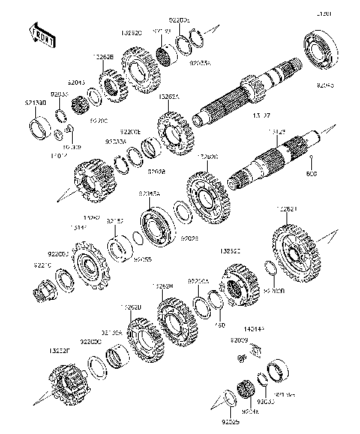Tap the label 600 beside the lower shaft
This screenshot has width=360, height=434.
click(x=313, y=175)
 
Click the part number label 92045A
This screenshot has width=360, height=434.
click(x=148, y=194)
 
